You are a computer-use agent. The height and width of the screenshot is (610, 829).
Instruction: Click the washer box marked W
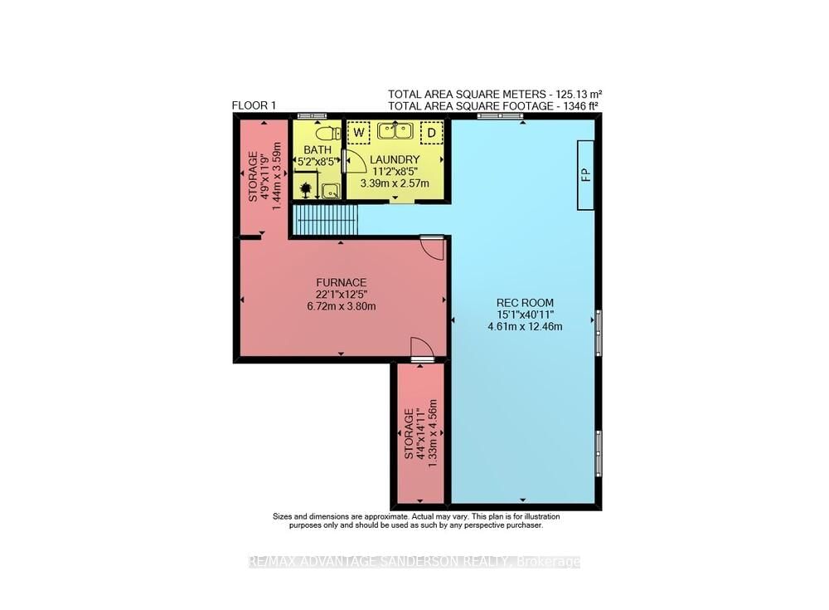pyautogui.click(x=358, y=132)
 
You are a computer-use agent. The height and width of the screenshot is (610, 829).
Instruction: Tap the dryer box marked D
pyautogui.click(x=431, y=132)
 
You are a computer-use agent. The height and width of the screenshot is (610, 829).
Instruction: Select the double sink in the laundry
pyautogui.click(x=395, y=130)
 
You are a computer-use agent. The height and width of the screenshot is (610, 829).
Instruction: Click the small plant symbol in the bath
pyautogui.click(x=306, y=189)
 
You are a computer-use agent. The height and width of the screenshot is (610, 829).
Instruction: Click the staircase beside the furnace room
pyautogui.click(x=326, y=220)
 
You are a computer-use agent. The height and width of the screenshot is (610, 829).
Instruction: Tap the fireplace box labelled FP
pyautogui.click(x=585, y=175)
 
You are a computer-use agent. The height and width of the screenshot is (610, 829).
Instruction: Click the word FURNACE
pyautogui.click(x=341, y=283)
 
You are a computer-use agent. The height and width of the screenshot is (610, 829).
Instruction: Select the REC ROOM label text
pyautogui.click(x=525, y=303)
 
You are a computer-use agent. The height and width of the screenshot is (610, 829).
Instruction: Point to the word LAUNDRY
pyautogui.click(x=395, y=159)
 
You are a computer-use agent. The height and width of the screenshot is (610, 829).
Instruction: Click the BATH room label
pyautogui.click(x=318, y=150)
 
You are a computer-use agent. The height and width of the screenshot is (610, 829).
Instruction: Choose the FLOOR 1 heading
pyautogui.click(x=254, y=105)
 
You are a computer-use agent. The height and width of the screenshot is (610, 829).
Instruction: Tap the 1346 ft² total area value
pyautogui.click(x=576, y=106)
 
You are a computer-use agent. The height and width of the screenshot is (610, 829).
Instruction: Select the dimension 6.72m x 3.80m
pyautogui.click(x=341, y=306)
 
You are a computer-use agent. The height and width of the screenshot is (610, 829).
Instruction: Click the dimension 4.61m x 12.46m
pyautogui.click(x=525, y=326)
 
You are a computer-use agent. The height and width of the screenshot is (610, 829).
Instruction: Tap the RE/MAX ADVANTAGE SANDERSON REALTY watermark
pyautogui.click(x=414, y=562)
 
